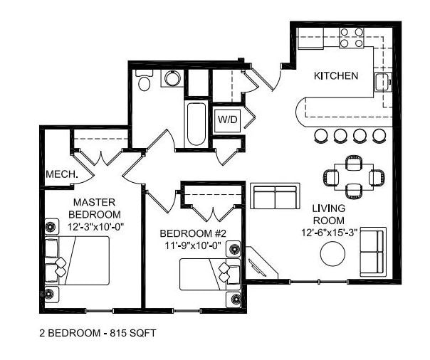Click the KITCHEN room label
[x=336, y=75]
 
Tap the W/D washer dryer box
[x=228, y=119]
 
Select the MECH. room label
[x=61, y=174]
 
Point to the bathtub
[x=196, y=124]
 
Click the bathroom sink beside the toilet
[x=172, y=78]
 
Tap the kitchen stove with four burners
[x=351, y=38]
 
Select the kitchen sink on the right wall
[x=382, y=81]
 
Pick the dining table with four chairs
[x=353, y=176]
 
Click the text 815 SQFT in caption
[x=132, y=332]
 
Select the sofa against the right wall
[x=372, y=252]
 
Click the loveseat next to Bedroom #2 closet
[x=274, y=196]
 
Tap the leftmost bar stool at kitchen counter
[x=321, y=134]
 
